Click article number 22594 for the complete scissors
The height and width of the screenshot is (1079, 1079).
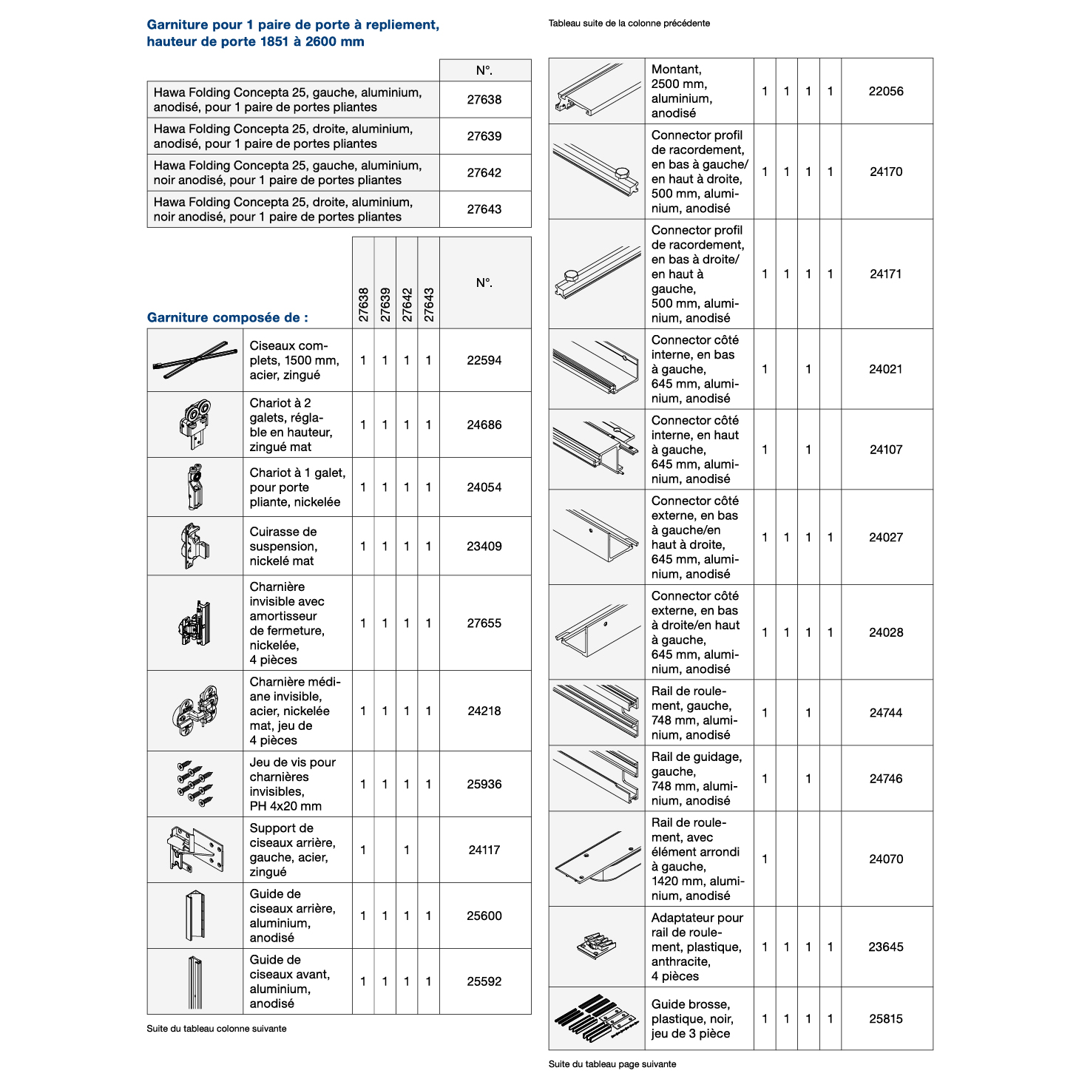coord(484,360)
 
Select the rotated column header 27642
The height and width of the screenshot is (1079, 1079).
coord(407,304)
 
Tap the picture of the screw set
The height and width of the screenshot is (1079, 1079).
coord(195,783)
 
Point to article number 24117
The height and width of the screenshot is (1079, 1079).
coord(484,850)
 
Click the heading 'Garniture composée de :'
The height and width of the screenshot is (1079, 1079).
coord(228,317)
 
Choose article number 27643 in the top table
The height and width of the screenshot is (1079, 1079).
coord(484,209)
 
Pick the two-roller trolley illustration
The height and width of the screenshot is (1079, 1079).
coord(195,424)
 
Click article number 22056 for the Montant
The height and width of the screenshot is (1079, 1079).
coord(885,91)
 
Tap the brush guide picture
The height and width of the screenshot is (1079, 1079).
coord(596,1018)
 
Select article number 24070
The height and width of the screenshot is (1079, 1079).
coord(885,859)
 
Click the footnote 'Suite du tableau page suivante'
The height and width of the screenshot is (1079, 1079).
coord(612,1064)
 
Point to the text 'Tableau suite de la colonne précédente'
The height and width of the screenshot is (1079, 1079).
coord(629,23)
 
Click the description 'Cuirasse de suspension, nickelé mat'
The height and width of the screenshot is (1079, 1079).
coord(283,546)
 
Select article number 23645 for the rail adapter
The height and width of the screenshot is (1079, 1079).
coord(885,947)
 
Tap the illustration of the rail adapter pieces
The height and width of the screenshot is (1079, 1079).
coord(596,946)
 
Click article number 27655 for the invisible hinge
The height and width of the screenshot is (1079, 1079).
coord(484,623)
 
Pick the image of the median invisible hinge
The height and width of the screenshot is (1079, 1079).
coord(195,711)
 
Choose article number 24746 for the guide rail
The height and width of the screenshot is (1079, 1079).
coord(885,778)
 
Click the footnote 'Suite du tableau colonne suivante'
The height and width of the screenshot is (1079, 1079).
coord(216,1029)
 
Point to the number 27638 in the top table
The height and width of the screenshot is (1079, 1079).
coord(484,99)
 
